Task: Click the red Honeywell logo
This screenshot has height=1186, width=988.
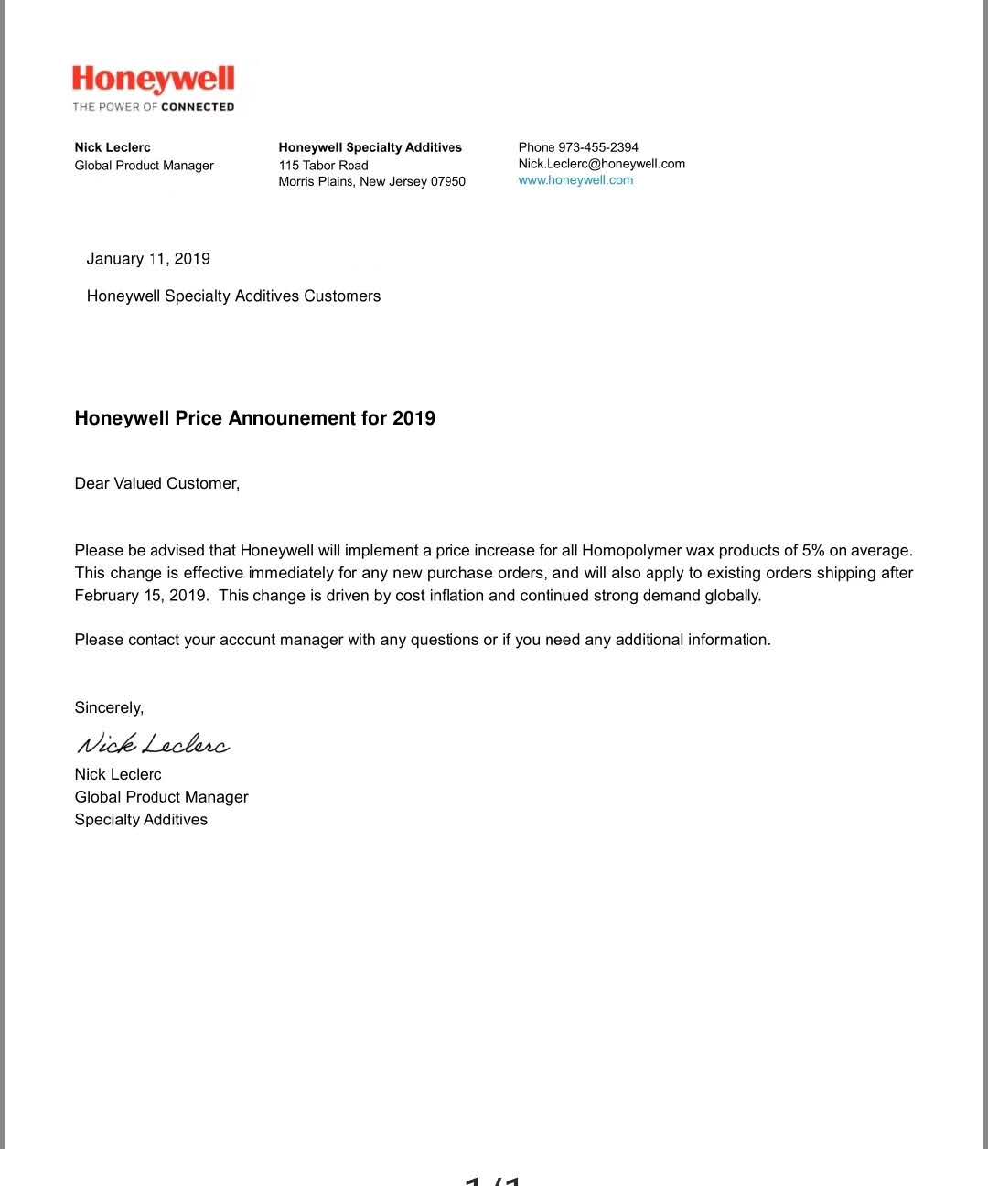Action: [x=154, y=79]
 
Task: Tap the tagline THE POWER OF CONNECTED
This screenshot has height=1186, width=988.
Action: [x=154, y=107]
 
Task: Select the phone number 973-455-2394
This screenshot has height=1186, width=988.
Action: [x=598, y=147]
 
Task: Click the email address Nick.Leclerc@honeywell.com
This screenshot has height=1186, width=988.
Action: [x=601, y=164]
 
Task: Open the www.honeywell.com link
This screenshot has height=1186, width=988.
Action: [x=575, y=180]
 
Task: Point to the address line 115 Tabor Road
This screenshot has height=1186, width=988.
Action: [x=323, y=166]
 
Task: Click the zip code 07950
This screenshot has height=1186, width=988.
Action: [x=448, y=182]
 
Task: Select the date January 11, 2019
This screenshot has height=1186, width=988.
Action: [x=148, y=259]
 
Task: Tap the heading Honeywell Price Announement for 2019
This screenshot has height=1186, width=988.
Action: [x=254, y=418]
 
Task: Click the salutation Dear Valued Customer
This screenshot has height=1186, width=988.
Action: [x=156, y=483]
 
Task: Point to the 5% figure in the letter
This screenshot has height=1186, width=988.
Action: [x=813, y=551]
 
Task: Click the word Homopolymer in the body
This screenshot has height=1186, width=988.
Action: [x=631, y=551]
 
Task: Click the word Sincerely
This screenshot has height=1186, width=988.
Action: [x=109, y=707]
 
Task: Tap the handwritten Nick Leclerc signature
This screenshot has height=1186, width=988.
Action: [x=153, y=744]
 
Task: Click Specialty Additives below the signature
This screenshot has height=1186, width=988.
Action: [x=141, y=819]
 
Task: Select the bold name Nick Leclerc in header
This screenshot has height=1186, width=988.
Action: [x=113, y=147]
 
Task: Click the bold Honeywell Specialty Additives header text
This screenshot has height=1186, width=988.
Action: [x=370, y=147]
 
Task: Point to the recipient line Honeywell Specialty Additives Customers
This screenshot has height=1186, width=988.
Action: [x=233, y=296]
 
